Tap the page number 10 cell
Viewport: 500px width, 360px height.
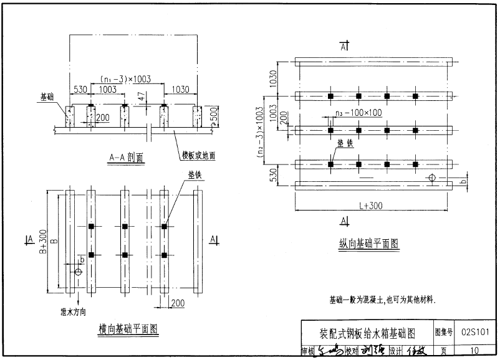[x=475, y=351]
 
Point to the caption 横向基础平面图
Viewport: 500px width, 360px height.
[x=128, y=328]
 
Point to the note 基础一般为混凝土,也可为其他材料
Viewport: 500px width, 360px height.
[x=382, y=300]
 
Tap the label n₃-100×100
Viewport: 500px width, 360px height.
[x=357, y=113]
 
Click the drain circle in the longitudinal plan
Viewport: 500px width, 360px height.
[x=431, y=178]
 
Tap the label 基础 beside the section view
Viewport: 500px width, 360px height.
[x=47, y=97]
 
